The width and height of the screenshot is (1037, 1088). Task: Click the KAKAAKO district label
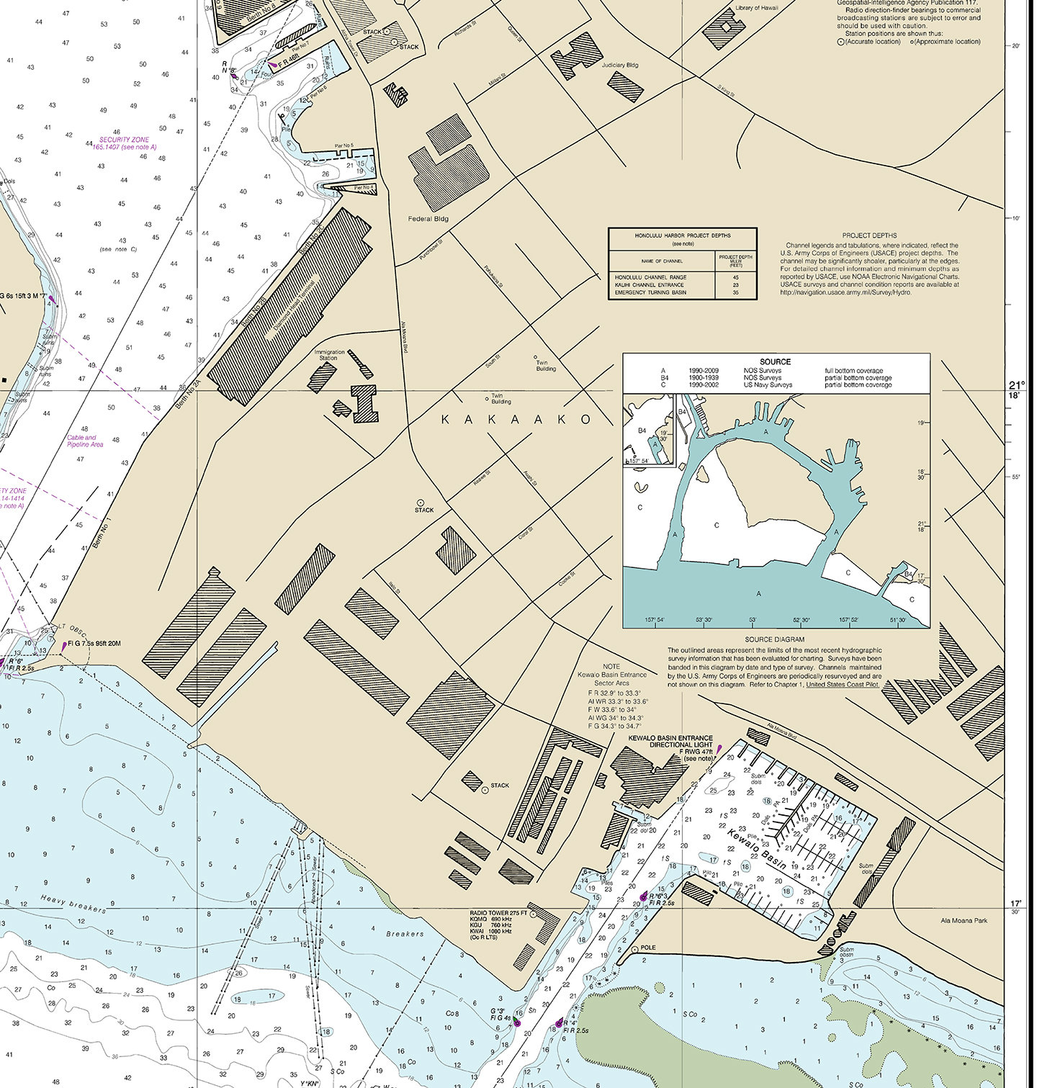(516, 420)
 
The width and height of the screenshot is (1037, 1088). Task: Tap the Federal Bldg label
(428, 219)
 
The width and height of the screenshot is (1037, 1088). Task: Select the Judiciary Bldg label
(619, 66)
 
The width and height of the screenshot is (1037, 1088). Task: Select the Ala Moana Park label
(964, 920)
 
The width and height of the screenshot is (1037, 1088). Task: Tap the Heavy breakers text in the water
(73, 904)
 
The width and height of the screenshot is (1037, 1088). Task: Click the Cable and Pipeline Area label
(85, 441)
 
